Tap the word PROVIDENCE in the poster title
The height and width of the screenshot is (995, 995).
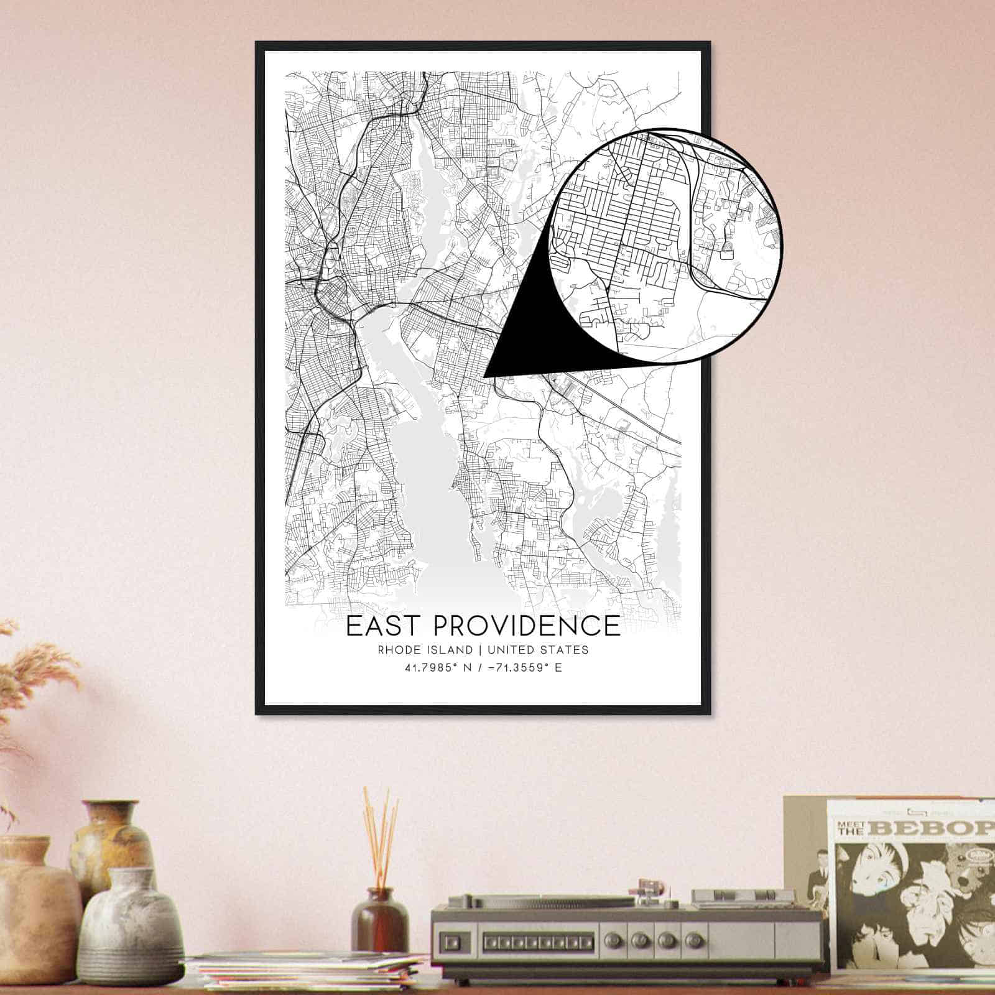(525, 626)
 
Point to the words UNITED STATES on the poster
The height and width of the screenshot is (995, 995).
(538, 650)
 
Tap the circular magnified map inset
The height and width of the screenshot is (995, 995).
(665, 246)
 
